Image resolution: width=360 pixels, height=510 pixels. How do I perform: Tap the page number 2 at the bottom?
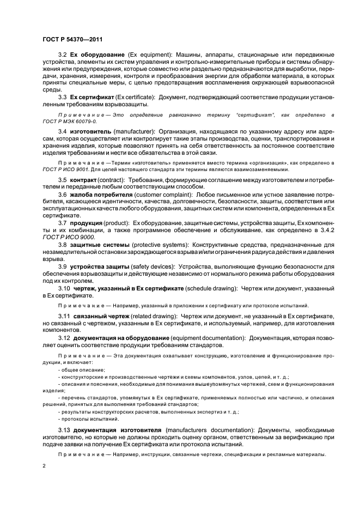tap(44, 466)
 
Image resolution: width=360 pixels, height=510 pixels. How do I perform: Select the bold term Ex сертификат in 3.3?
tap(89, 97)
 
